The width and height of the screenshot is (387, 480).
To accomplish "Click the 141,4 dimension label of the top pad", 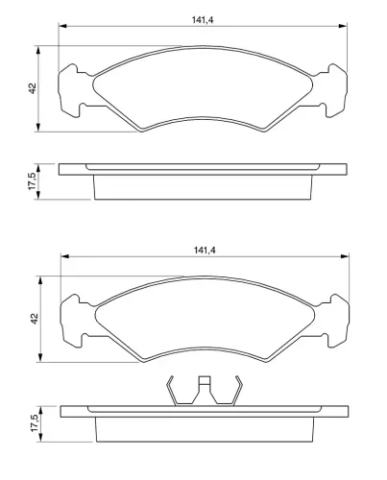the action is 203,20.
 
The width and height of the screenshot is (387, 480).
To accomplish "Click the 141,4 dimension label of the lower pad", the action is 205,251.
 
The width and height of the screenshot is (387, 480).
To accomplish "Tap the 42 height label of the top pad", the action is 33,88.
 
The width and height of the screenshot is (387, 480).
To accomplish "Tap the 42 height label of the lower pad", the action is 35,319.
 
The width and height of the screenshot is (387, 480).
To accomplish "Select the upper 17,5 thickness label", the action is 33,181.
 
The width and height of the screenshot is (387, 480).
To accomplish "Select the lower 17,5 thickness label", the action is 35,423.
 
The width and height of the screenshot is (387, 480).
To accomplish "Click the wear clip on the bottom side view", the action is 205,391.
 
